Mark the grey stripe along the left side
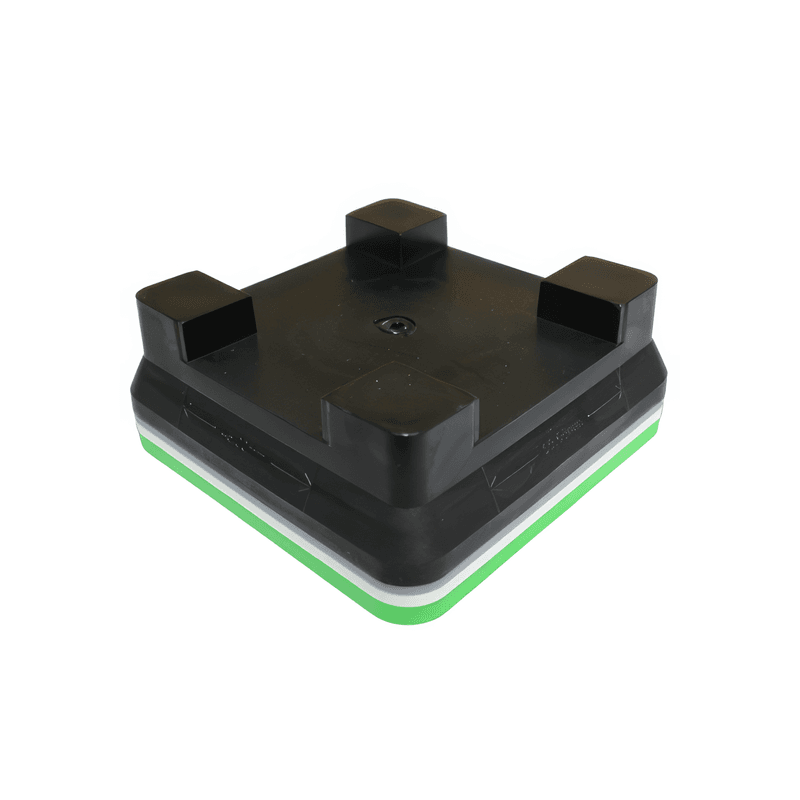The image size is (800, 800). pyautogui.click(x=250, y=485)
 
